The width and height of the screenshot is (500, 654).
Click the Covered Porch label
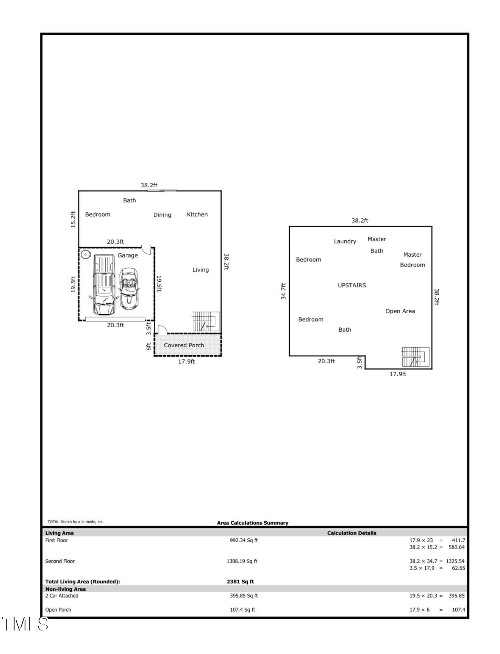184,345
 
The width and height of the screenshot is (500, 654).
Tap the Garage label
128,256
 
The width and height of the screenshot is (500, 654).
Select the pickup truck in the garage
103,285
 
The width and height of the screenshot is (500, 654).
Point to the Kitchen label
197,215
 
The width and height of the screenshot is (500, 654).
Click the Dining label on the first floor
162,215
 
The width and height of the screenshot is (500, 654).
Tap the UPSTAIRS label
352,285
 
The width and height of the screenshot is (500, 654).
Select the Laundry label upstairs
345,242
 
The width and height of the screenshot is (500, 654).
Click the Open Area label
400,311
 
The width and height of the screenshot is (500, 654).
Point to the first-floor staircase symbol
205,322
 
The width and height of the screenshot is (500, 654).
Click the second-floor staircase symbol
415,357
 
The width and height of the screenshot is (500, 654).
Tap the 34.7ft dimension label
283,291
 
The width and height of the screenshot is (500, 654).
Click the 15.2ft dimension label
73,220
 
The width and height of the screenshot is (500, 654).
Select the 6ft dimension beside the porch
149,347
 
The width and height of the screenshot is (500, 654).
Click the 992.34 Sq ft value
244,540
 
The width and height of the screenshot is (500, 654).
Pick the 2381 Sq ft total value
240,581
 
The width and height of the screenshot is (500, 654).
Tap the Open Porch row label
58,610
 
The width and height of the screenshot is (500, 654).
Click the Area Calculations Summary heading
252,523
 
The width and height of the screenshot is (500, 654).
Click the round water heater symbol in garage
86,254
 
